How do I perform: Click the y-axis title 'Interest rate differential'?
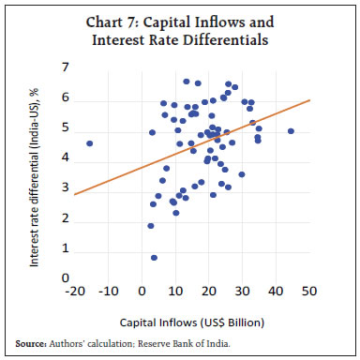pyautogui.click(x=34, y=173)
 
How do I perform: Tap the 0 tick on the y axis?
pyautogui.click(x=65, y=278)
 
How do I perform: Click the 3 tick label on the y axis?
pyautogui.click(x=65, y=188)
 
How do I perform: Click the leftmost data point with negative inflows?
pyautogui.click(x=89, y=143)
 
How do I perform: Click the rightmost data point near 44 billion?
pyautogui.click(x=291, y=131)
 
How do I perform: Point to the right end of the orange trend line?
pyautogui.click(x=308, y=100)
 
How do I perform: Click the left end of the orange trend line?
pyautogui.click(x=74, y=194)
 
